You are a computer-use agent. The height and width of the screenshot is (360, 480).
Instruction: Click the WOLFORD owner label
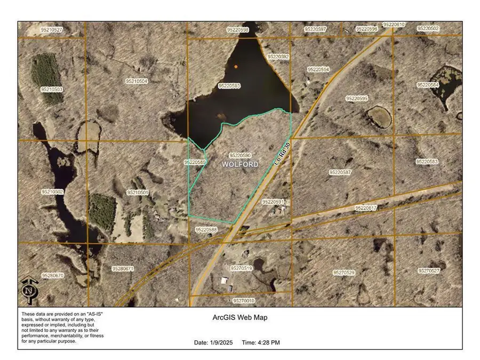point(240,164)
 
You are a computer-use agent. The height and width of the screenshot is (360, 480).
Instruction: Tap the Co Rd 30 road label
point(282,153)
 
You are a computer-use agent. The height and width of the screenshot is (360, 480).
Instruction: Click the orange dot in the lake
point(236,67)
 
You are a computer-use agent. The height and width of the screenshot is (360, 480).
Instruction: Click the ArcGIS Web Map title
point(240,318)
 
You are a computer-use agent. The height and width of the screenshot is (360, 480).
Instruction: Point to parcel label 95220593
point(229,86)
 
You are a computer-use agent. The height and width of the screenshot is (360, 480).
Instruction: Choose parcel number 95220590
point(240,155)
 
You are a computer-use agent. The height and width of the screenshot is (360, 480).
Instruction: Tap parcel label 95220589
point(195,162)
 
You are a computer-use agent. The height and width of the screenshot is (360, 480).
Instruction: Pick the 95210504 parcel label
point(137,81)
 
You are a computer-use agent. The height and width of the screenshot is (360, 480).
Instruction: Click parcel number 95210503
point(52,90)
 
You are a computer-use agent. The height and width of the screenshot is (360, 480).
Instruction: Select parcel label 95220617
point(365,208)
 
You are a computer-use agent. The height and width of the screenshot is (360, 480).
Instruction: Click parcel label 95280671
point(123,269)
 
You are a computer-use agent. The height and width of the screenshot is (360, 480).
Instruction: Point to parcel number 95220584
point(428,85)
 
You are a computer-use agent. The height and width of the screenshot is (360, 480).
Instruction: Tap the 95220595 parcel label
point(357,99)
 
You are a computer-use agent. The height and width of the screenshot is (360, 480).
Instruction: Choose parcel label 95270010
point(244,301)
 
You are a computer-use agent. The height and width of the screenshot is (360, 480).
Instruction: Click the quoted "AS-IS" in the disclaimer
point(94,314)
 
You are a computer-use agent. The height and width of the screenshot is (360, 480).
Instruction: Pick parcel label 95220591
point(273,202)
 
